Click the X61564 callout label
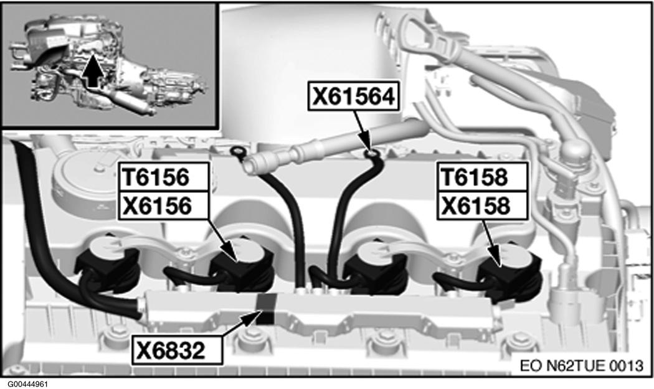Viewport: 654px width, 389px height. click(x=353, y=96)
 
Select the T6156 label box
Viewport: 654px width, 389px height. click(x=163, y=177)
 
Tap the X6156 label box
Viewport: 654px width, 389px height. click(x=163, y=205)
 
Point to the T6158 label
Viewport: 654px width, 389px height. click(x=482, y=177)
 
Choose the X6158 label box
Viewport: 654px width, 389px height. click(x=482, y=205)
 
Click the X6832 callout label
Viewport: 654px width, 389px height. click(x=177, y=350)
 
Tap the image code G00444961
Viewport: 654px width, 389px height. click(x=27, y=383)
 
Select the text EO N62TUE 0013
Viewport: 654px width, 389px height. click(x=581, y=365)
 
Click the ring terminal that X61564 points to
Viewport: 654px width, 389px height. click(x=371, y=154)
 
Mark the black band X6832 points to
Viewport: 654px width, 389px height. click(x=265, y=309)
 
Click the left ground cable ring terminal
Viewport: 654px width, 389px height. click(x=237, y=151)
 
